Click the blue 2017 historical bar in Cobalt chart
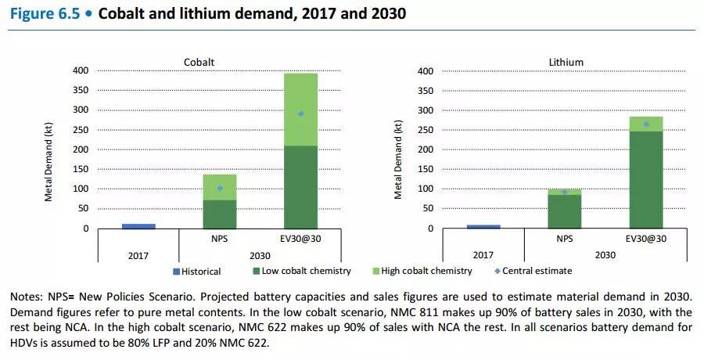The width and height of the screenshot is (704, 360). coord(138,225)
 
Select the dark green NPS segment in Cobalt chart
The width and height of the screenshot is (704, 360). coord(220,214)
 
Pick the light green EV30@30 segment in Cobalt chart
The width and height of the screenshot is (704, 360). coord(301,110)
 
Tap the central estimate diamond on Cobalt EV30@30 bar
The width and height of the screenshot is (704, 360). coord(301,113)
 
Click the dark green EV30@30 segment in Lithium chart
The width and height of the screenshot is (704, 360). coord(646,179)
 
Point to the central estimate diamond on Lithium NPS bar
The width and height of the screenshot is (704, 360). coord(564,192)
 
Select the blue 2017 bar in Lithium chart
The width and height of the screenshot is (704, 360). coord(483,226)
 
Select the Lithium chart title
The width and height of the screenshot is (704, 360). coord(566,62)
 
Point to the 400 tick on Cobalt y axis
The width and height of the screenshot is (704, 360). coord(81,71)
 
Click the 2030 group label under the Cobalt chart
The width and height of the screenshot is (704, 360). coord(260,254)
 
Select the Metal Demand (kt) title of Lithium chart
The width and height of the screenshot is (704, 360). coord(399,159)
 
